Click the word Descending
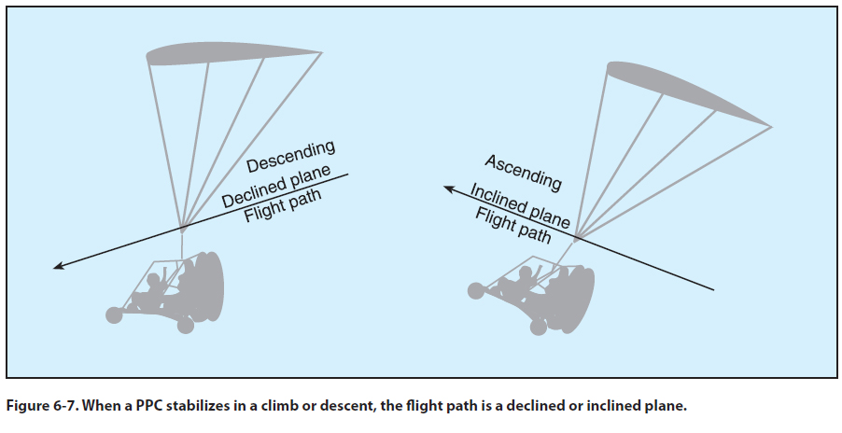click(x=290, y=156)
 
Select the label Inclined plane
click(x=520, y=205)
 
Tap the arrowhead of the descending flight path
click(x=57, y=267)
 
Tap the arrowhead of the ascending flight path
click(x=447, y=189)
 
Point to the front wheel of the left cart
click(x=115, y=314)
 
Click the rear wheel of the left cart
click(x=186, y=326)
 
